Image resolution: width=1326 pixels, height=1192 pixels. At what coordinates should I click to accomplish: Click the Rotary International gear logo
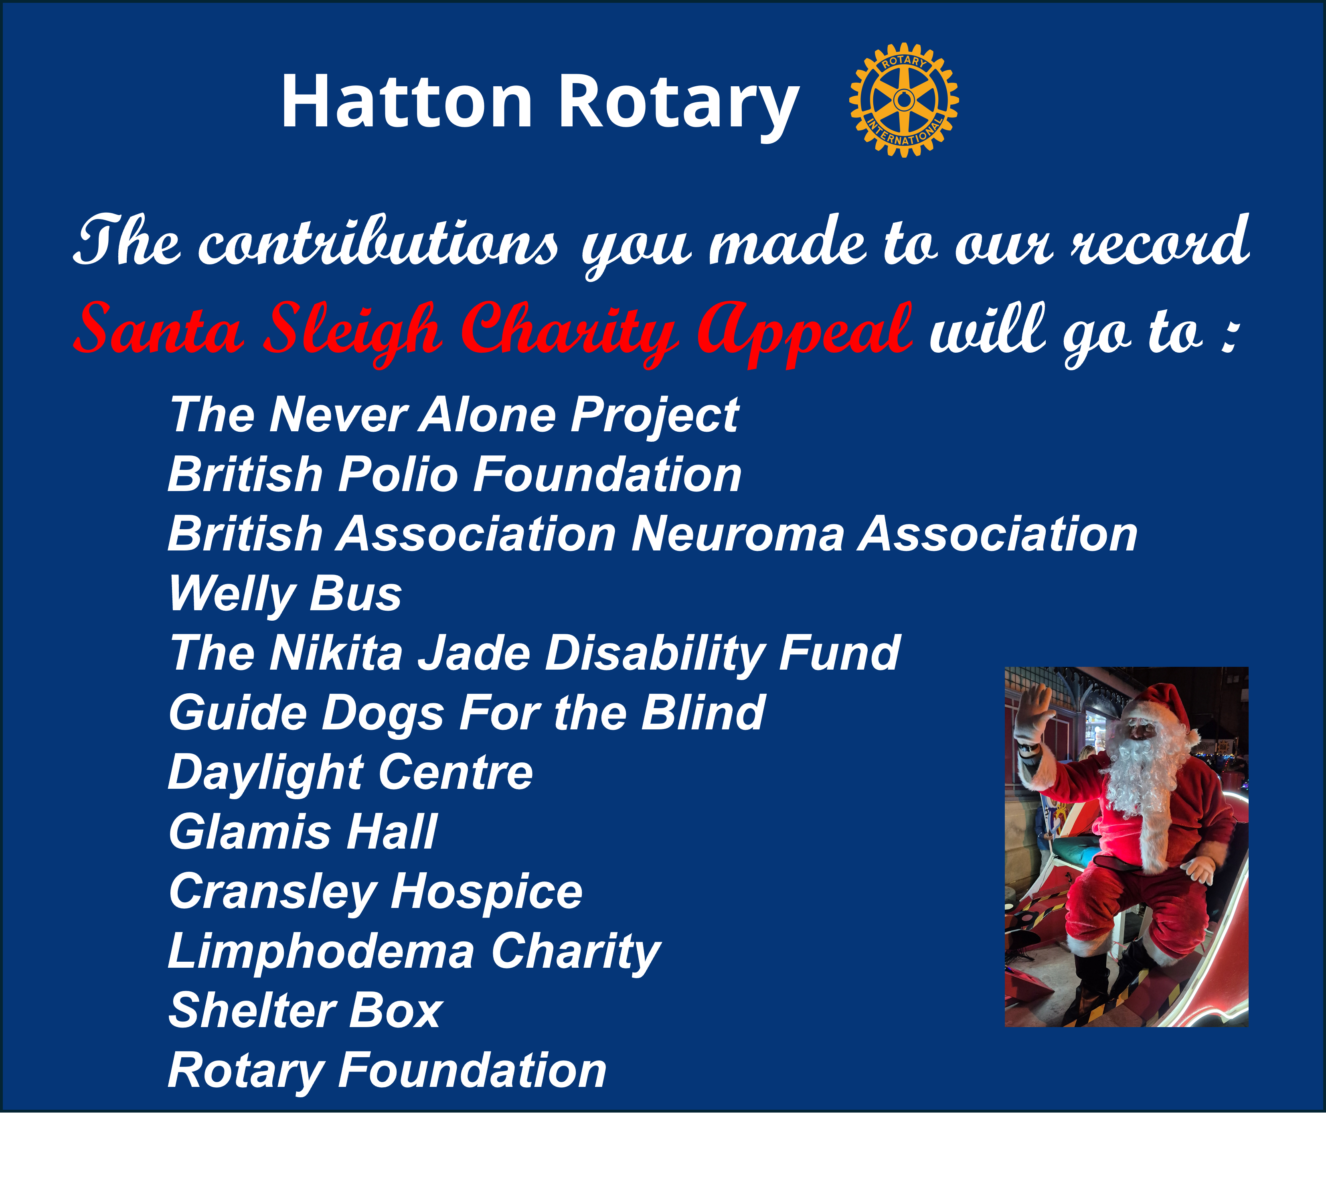[x=904, y=100]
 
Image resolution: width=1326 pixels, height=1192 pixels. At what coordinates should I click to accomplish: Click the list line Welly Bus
[x=285, y=595]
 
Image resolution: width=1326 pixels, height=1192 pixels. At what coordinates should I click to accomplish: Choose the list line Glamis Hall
[x=302, y=832]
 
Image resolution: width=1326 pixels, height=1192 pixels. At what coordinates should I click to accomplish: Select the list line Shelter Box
[x=306, y=1010]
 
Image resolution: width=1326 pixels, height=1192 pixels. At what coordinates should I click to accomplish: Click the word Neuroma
[x=738, y=534]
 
